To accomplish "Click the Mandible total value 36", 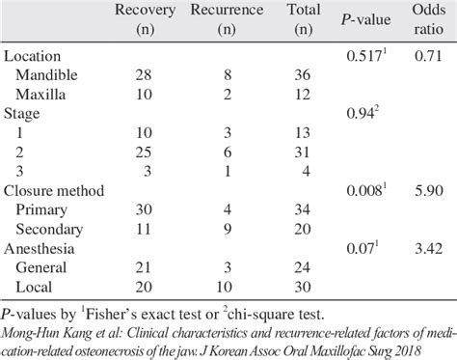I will click(305, 74).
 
